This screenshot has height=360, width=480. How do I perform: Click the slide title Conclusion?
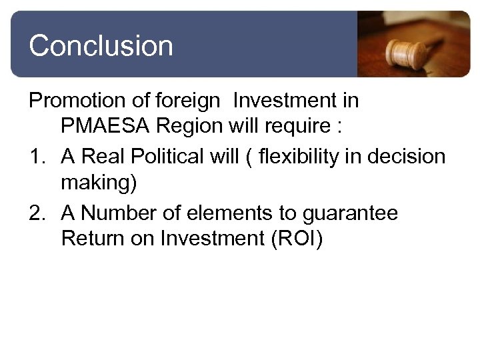pyautogui.click(x=101, y=46)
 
